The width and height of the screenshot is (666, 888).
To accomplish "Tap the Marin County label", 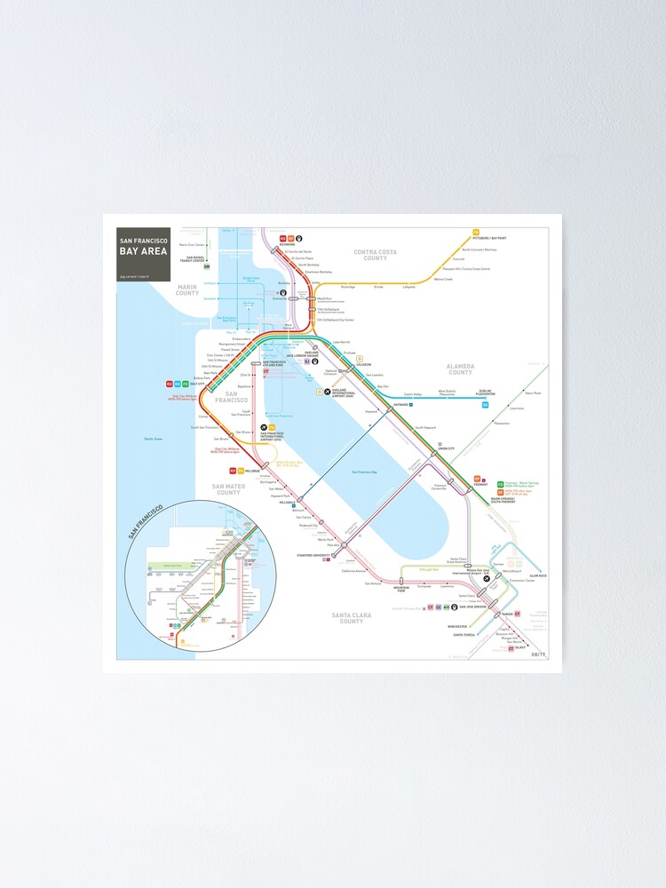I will (x=187, y=290).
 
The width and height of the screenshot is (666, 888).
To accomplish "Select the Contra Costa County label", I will (x=375, y=255).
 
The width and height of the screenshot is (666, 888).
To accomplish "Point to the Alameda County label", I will (x=460, y=368).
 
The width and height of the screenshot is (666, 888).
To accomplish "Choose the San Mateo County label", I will (x=229, y=489).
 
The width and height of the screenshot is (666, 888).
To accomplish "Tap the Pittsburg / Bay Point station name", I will (x=490, y=238).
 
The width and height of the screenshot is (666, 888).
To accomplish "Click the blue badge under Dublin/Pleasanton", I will (x=485, y=405).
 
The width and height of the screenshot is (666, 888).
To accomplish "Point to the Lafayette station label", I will (x=408, y=287).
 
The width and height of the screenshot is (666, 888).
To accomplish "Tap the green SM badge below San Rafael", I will (x=207, y=266).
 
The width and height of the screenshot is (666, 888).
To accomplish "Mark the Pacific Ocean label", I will (x=153, y=439).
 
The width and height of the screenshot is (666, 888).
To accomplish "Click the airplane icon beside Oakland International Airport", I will (x=327, y=392).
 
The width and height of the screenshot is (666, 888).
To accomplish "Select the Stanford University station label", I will (x=313, y=557).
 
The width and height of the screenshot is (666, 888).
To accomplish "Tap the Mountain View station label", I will (x=401, y=589).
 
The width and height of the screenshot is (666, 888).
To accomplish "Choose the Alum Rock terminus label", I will (x=538, y=576).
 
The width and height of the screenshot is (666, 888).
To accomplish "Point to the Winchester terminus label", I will (x=457, y=626).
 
